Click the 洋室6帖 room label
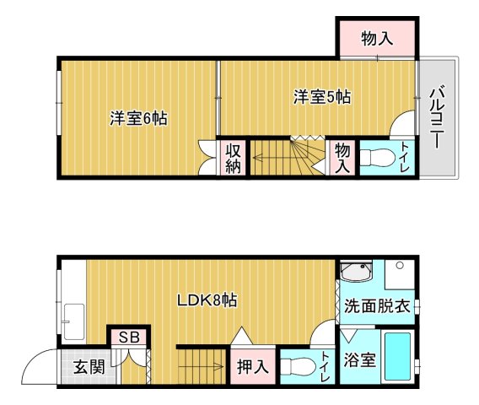click(x=138, y=119)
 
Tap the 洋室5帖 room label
click(x=322, y=97)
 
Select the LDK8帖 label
click(x=207, y=300)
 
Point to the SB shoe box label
click(x=129, y=337)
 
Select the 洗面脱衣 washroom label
click(x=376, y=305)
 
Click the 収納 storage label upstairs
click(x=234, y=158)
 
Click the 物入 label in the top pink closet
click(x=377, y=38)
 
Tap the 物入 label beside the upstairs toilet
click(x=342, y=158)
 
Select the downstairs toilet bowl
click(x=296, y=367)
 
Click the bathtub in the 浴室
click(x=398, y=357)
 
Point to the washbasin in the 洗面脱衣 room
click(x=358, y=274)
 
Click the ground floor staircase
click(x=202, y=366)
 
